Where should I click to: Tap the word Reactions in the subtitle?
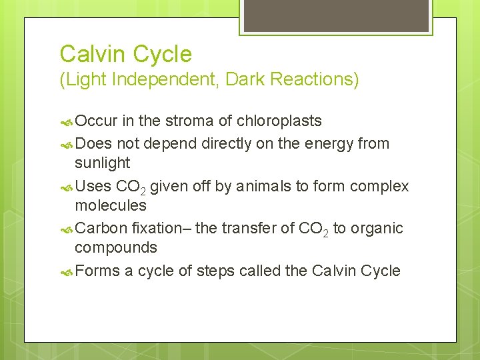click(319, 80)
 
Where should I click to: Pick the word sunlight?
click(103, 163)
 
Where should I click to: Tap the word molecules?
click(111, 205)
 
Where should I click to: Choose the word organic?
click(377, 228)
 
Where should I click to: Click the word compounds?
click(116, 247)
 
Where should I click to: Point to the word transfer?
click(249, 228)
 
